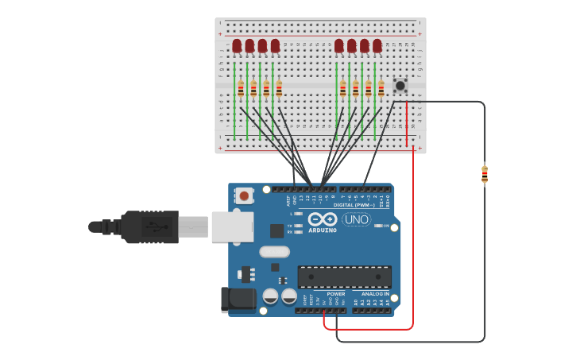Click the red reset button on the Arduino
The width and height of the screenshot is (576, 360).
point(244,195)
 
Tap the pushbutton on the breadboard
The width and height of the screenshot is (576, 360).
point(400,85)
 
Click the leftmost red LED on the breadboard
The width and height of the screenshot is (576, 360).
point(237,46)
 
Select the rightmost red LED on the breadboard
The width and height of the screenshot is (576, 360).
point(377,46)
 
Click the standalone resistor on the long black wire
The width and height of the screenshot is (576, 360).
point(485,174)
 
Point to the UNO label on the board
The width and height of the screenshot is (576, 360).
point(357,219)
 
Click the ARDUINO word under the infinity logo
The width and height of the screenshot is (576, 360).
point(323,230)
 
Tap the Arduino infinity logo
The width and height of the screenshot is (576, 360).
point(323,219)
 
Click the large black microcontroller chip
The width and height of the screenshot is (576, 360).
point(344,277)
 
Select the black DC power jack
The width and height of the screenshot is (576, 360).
point(237,300)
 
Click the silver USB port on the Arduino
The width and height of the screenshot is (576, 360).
point(232,226)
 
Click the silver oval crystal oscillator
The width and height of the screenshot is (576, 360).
point(275,253)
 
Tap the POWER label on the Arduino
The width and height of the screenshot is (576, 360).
point(336,294)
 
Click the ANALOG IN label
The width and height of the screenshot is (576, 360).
point(370,294)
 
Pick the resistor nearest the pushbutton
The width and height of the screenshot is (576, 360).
point(381,88)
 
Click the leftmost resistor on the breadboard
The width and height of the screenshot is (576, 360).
point(241,89)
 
